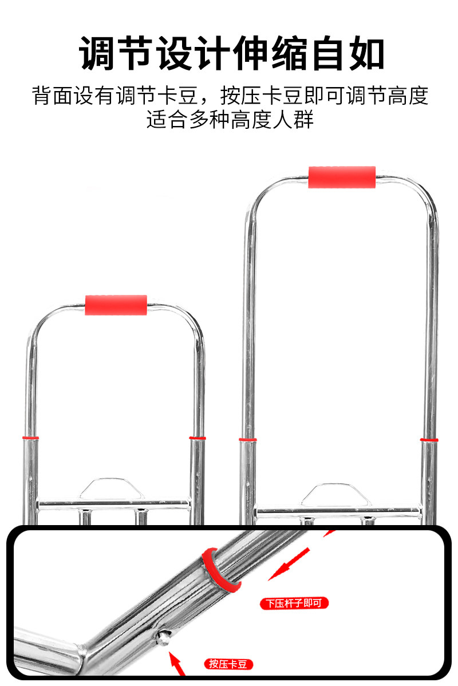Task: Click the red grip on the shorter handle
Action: tap(116, 305)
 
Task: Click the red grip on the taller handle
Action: tap(342, 177)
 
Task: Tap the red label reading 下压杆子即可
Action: tap(294, 603)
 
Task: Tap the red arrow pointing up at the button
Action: tap(179, 664)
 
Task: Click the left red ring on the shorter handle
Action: tap(30, 437)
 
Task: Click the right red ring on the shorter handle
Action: tap(198, 438)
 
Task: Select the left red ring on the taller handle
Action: tap(247, 440)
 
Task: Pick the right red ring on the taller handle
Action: tap(429, 440)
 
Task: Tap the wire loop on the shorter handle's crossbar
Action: tap(112, 487)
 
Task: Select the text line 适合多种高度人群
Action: tap(230, 120)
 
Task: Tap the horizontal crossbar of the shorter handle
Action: tap(113, 505)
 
